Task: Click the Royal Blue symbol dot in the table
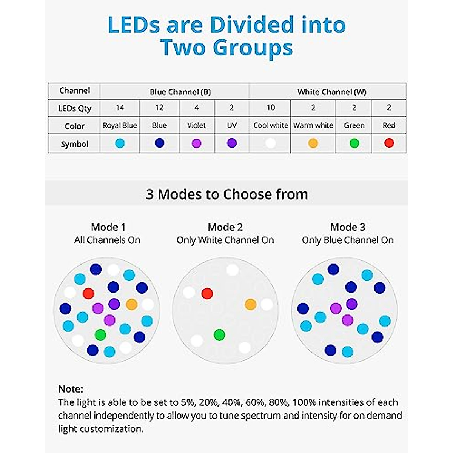pos(120,143)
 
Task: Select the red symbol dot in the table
pos(389,143)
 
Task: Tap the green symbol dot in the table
pos(354,143)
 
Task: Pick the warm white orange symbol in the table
pos(313,143)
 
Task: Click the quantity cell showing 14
pos(120,108)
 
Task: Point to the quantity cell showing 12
pos(159,108)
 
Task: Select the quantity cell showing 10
pos(270,108)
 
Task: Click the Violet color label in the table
pos(196,125)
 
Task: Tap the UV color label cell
pos(232,125)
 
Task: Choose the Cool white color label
pos(270,125)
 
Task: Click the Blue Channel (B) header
pos(180,92)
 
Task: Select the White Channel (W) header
pos(332,92)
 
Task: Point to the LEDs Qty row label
pos(75,109)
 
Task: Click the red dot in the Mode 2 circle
pos(207,293)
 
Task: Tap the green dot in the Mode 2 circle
pos(219,334)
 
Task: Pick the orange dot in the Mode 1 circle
pos(131,304)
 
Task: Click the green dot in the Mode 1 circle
pos(100,334)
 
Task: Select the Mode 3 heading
pos(348,227)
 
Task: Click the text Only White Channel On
pos(225,240)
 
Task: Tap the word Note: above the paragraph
pos(71,389)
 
